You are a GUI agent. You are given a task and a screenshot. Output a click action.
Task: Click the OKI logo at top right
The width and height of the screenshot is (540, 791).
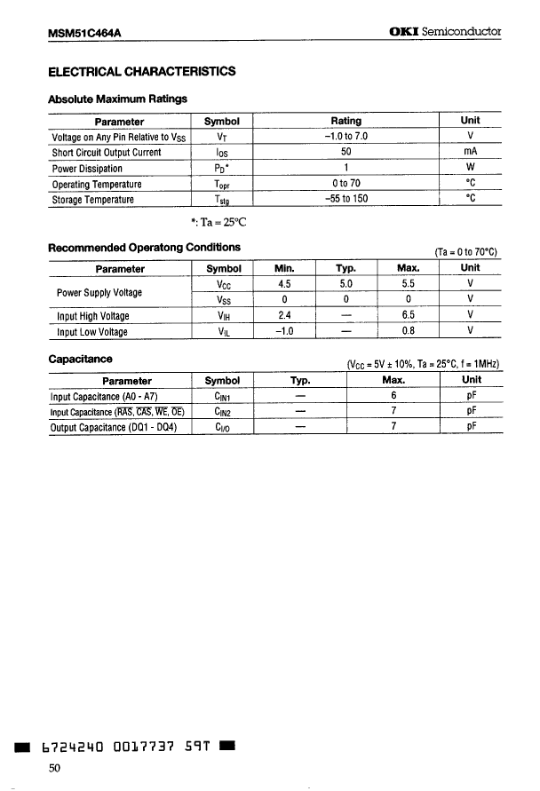(405, 32)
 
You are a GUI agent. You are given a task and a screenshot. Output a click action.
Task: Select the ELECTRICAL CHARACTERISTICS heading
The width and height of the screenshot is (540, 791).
(141, 72)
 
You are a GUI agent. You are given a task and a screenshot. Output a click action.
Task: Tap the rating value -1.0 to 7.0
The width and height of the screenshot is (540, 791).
(345, 137)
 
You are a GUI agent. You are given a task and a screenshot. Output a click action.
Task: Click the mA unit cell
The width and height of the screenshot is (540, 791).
(471, 153)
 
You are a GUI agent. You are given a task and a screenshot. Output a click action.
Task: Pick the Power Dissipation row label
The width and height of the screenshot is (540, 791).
(87, 169)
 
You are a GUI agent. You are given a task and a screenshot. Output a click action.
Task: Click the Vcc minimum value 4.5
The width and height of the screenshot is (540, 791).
(283, 284)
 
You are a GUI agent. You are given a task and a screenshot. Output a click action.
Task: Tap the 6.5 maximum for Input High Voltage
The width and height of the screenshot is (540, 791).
(408, 316)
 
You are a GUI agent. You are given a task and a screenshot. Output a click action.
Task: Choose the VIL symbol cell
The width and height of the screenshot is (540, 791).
(223, 332)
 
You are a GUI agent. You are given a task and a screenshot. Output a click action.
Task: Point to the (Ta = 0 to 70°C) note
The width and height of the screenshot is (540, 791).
(466, 251)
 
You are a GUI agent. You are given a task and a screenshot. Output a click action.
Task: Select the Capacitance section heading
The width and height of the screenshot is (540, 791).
(80, 360)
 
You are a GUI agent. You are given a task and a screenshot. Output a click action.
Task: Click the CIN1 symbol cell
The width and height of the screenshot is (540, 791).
(223, 397)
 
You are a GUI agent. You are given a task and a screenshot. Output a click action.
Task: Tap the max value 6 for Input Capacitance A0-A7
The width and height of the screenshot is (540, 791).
(393, 396)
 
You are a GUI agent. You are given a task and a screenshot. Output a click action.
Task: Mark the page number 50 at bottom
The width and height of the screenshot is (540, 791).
(54, 770)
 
